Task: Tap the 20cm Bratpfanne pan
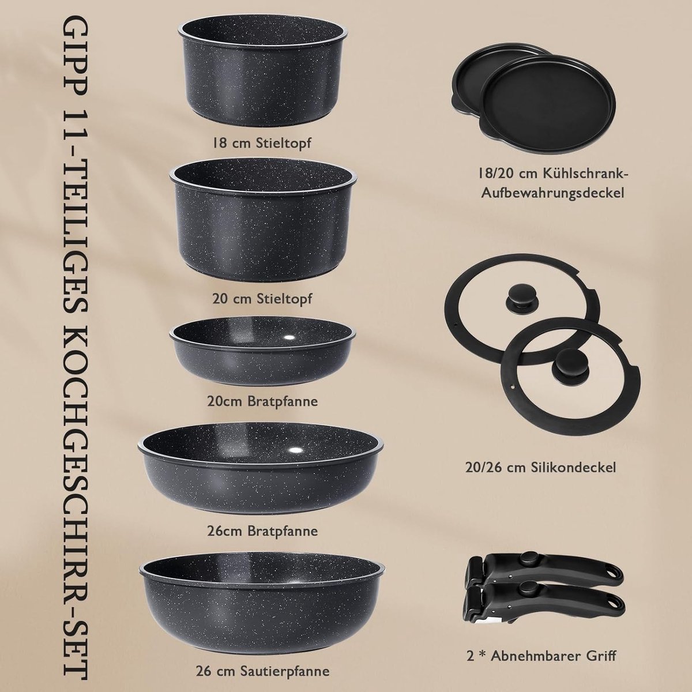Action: tap(262, 351)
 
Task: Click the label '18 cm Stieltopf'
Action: tap(261, 142)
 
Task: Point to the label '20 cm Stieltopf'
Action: tap(262, 298)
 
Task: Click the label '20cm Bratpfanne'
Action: tap(262, 401)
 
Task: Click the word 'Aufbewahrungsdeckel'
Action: tap(552, 193)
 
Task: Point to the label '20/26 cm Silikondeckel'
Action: tap(541, 467)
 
